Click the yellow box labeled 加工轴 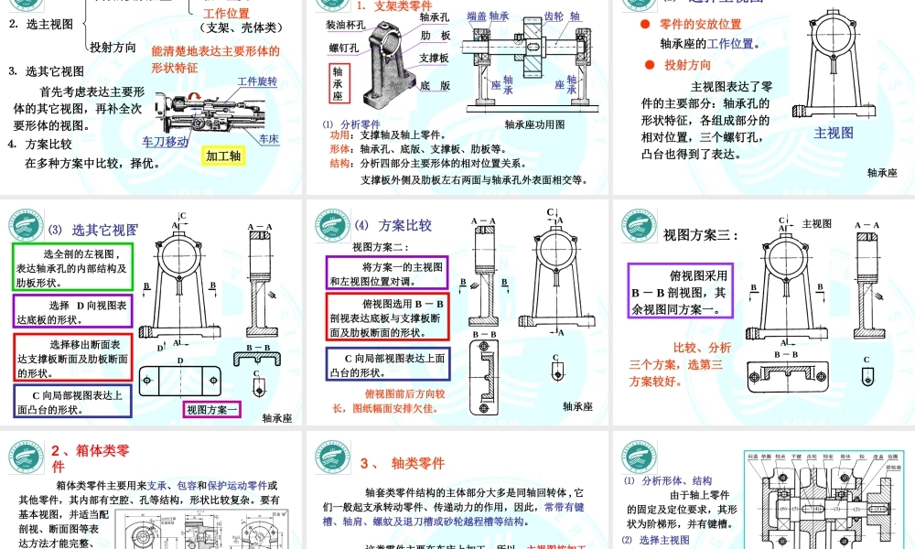pos(223,156)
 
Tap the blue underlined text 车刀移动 pos(166,141)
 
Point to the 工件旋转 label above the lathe pos(257,81)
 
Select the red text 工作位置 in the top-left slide pos(226,14)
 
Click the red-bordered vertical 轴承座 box pos(338,83)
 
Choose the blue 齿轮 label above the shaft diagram pos(554,16)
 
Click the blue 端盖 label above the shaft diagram pos(476,16)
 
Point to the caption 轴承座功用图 pos(534,124)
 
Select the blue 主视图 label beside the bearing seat pos(834,133)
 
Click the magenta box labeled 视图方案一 pos(212,409)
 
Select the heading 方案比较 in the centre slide pos(405,225)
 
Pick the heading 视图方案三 pos(700,235)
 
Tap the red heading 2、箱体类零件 pos(91,457)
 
